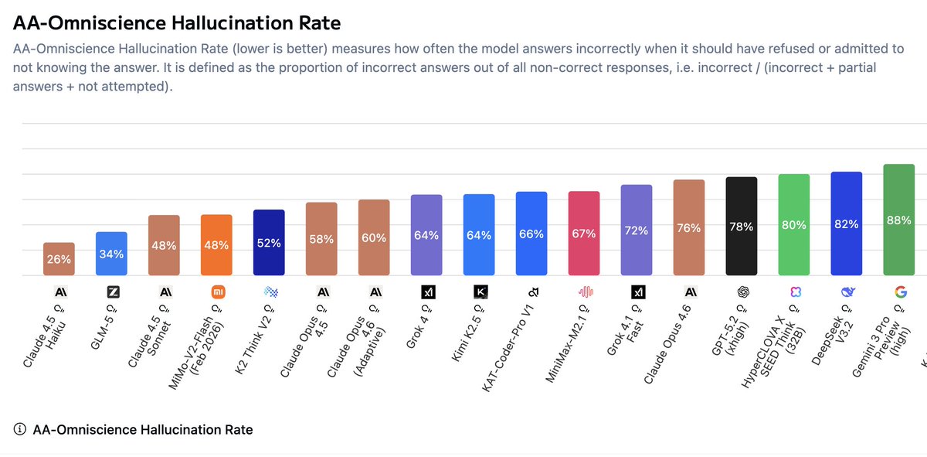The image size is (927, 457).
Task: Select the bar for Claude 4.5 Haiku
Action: coord(59,259)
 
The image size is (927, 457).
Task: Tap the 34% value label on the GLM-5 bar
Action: coord(111,254)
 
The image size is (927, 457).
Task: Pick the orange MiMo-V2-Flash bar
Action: coord(216,245)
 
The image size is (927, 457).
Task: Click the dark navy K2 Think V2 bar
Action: coord(269,243)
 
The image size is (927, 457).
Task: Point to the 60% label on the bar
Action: coord(374,237)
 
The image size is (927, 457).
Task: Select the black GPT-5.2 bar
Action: coord(742,227)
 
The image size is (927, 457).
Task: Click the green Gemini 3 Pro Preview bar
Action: coord(899,220)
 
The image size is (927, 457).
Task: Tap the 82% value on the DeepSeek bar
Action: coord(847,224)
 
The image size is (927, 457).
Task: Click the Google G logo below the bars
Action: coord(899,292)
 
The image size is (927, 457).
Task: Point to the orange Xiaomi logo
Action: coord(216,292)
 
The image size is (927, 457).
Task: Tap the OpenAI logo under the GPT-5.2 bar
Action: coord(742,292)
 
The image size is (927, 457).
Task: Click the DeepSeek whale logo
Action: coord(847,292)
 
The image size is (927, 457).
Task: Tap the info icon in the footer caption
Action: coord(19,429)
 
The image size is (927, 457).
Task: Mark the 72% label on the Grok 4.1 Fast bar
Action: coord(637,230)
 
